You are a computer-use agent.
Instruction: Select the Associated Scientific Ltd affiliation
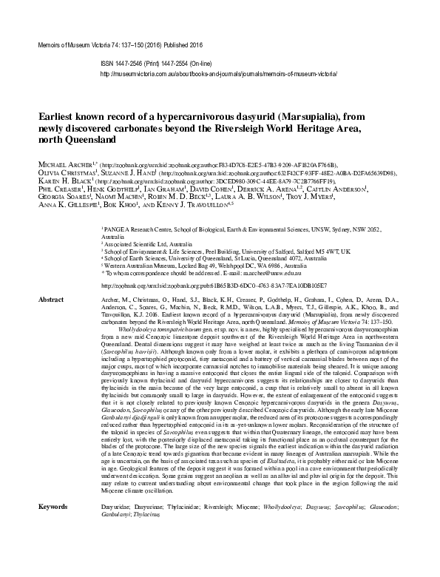tap(145, 243)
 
